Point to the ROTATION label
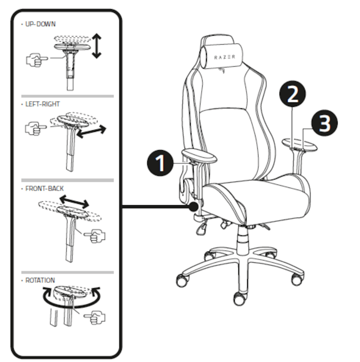(41, 280)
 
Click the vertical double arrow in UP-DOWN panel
(97, 46)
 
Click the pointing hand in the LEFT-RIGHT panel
(35, 127)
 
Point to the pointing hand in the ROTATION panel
(95, 318)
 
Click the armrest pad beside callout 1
(199, 155)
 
